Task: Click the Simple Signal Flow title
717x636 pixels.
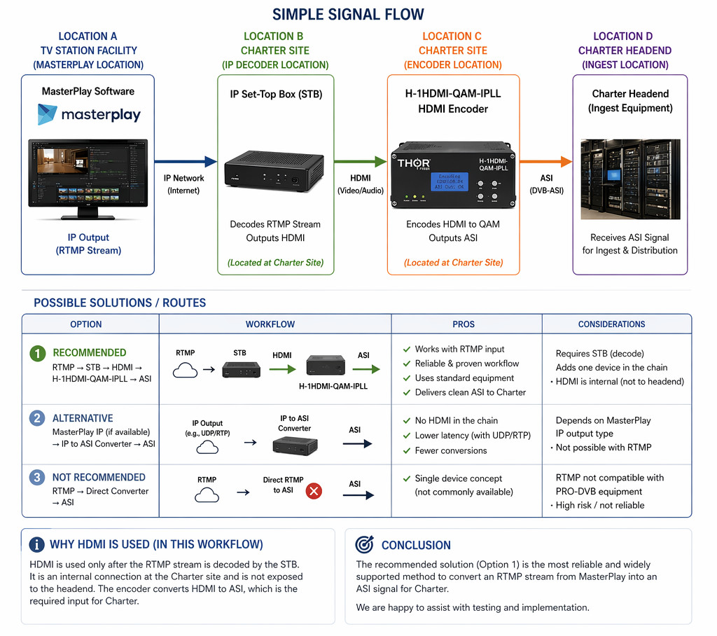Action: pyautogui.click(x=347, y=14)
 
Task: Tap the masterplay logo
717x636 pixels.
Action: pyautogui.click(x=89, y=115)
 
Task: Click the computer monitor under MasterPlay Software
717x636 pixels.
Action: pyautogui.click(x=88, y=175)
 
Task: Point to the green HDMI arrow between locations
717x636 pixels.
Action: pyautogui.click(x=361, y=162)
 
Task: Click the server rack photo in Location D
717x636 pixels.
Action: pyautogui.click(x=630, y=179)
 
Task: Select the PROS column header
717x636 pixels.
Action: pyautogui.click(x=464, y=324)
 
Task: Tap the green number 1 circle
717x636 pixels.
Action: pyautogui.click(x=37, y=354)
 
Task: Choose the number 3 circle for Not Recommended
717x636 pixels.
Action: pyautogui.click(x=37, y=478)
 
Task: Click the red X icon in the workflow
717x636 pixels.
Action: pyautogui.click(x=314, y=491)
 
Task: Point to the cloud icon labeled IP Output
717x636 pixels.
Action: pyautogui.click(x=207, y=445)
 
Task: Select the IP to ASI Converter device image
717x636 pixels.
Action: pyautogui.click(x=295, y=444)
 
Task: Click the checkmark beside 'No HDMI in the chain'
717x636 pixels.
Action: pyautogui.click(x=406, y=421)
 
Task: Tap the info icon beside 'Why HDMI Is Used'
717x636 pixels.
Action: pyautogui.click(x=37, y=545)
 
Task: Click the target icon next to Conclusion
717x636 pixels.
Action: pyautogui.click(x=364, y=544)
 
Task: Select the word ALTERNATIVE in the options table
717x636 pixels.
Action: pyautogui.click(x=83, y=418)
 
